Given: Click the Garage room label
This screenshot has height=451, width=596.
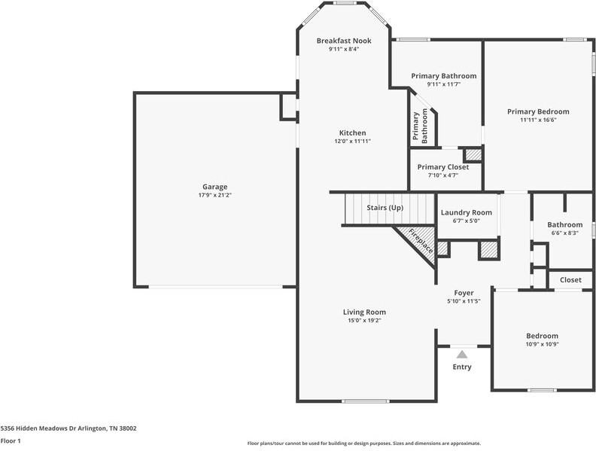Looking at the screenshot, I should [214, 187].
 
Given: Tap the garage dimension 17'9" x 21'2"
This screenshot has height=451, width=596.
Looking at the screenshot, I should [214, 195].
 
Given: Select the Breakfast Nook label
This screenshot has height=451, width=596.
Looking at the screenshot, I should [342, 41].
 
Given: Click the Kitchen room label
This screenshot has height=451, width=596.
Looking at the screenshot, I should [352, 133].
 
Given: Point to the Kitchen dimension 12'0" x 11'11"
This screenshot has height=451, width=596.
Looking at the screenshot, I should [352, 141].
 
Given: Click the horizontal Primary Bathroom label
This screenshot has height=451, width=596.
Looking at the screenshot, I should [443, 76].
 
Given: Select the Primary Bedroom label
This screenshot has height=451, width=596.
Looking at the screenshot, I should [537, 111].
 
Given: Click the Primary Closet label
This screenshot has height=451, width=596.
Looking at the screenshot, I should [442, 167].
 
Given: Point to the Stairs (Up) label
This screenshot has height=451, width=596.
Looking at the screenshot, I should [385, 207].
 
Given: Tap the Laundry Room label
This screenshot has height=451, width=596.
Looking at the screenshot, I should [466, 213].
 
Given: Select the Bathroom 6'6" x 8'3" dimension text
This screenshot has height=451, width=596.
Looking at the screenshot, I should [564, 233].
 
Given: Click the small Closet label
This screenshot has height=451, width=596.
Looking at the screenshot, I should [570, 280].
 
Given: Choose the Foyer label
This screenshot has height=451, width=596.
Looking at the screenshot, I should [463, 293].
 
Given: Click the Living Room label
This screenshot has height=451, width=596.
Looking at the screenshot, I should [364, 312].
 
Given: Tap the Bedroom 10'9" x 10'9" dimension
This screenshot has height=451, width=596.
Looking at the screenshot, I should [542, 344].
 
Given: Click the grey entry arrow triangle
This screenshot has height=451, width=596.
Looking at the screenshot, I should [462, 353].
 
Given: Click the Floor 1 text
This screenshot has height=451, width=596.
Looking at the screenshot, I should [11, 440].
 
